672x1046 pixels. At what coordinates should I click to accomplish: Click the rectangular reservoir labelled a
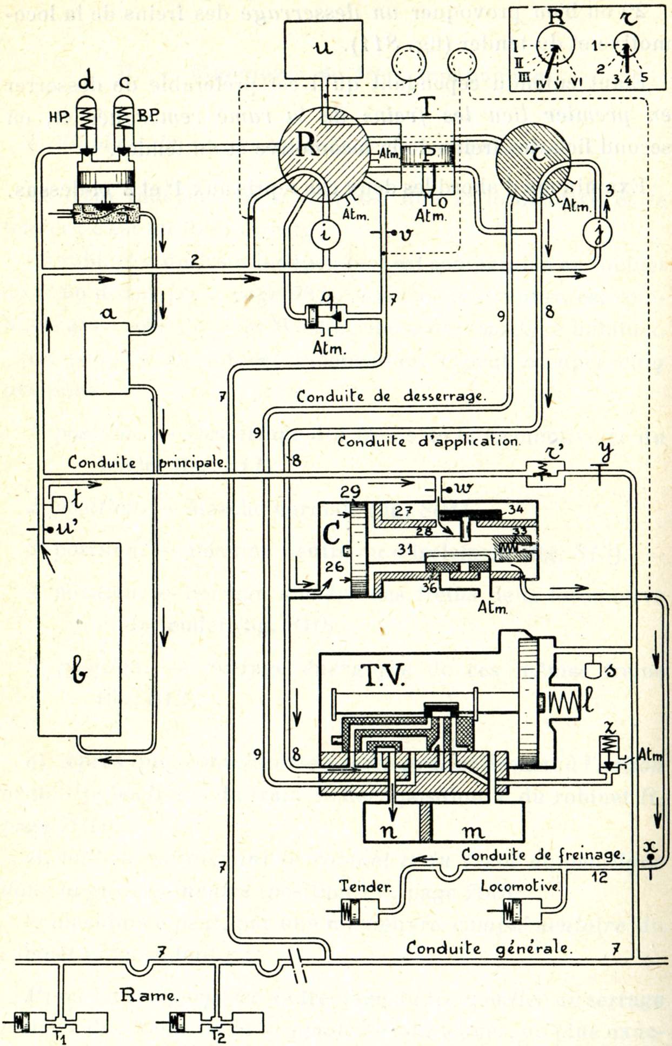click(107, 358)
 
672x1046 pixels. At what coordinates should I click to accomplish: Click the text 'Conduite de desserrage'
click(390, 396)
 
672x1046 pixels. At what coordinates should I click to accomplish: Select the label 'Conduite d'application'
click(428, 441)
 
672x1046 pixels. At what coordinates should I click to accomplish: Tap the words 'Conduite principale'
click(147, 462)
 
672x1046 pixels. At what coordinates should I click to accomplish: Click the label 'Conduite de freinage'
click(543, 855)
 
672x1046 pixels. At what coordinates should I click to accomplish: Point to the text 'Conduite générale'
click(488, 948)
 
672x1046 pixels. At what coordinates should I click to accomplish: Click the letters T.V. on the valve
click(382, 675)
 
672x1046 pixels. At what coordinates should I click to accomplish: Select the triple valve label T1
click(60, 1037)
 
